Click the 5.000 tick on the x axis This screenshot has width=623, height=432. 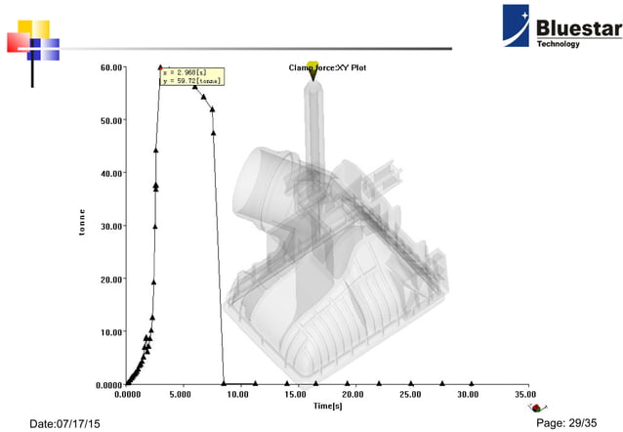click(x=181, y=395)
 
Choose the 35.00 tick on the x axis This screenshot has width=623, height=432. click(x=526, y=395)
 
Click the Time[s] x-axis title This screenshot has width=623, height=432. click(x=327, y=405)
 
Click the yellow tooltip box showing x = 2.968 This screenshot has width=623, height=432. click(x=192, y=76)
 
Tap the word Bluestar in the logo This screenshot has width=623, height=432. click(x=578, y=26)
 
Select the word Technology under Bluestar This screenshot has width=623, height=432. click(x=558, y=44)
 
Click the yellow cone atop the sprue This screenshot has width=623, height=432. click(x=312, y=69)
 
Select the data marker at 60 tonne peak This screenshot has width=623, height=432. click(x=160, y=68)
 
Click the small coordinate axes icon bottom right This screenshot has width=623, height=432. click(x=534, y=406)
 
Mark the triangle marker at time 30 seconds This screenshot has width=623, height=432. click(x=473, y=383)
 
